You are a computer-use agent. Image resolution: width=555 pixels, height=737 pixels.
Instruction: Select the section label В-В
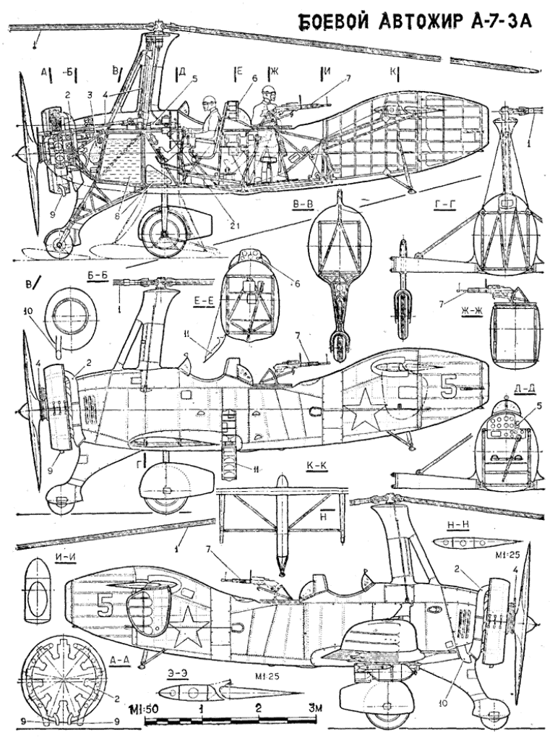[304, 206]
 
